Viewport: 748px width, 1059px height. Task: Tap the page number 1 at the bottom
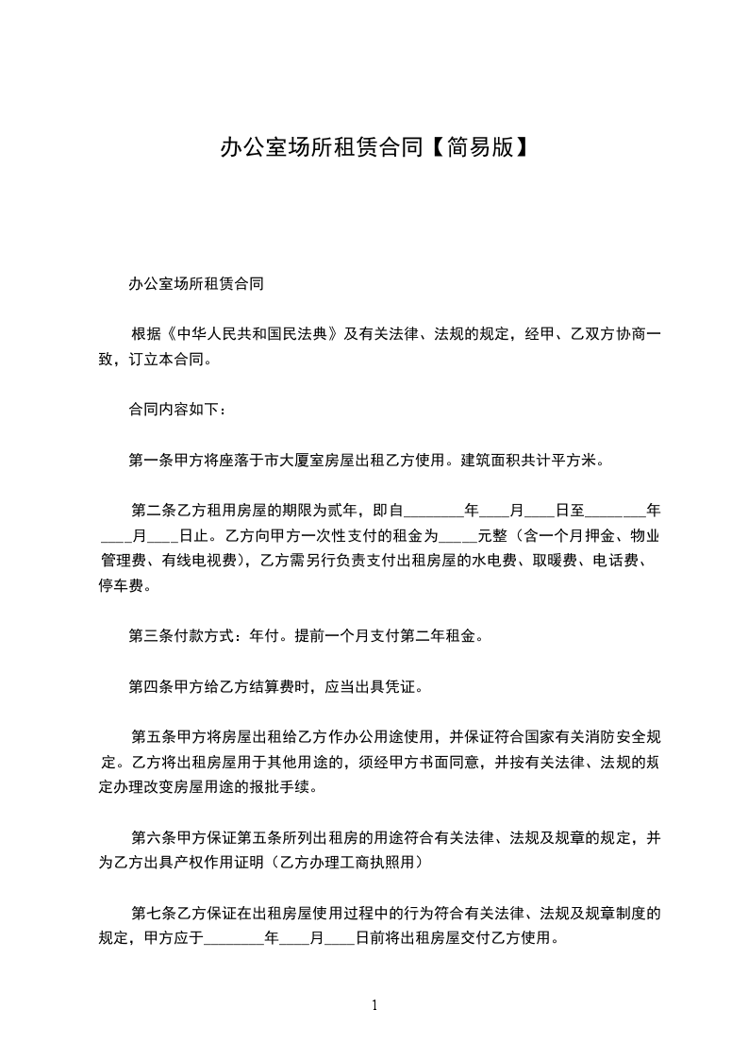(x=374, y=1006)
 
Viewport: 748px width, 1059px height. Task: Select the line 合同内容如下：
(x=176, y=411)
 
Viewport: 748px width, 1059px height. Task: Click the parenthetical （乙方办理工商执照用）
(x=353, y=863)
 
